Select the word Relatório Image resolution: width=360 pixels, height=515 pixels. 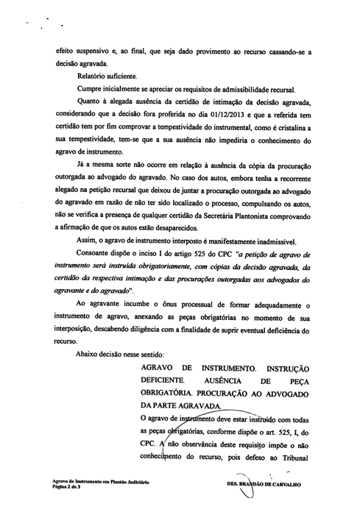[x=92, y=75]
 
